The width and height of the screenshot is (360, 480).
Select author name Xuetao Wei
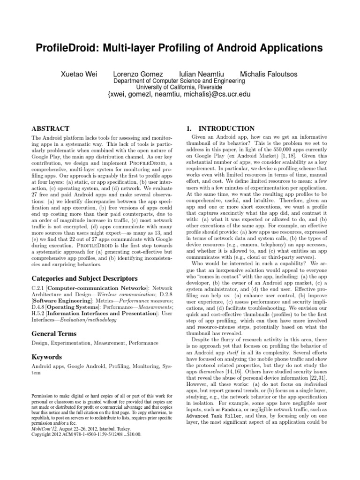click(x=81, y=74)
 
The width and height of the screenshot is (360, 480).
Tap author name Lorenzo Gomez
click(x=138, y=74)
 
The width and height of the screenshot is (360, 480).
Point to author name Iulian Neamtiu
click(x=202, y=74)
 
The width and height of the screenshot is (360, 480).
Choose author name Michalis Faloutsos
click(x=268, y=74)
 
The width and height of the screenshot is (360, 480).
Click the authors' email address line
click(x=180, y=94)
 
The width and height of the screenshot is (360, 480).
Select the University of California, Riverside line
click(x=180, y=87)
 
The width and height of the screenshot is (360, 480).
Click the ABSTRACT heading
click(x=50, y=128)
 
